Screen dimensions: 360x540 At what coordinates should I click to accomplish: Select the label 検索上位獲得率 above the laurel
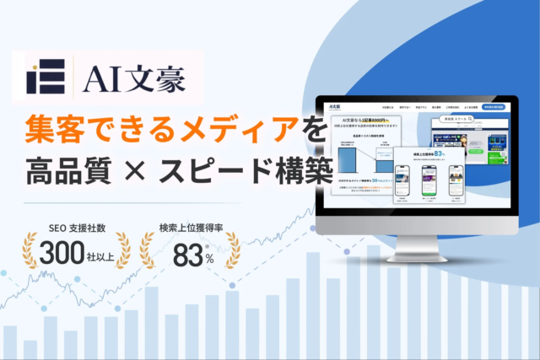tap(189, 228)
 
